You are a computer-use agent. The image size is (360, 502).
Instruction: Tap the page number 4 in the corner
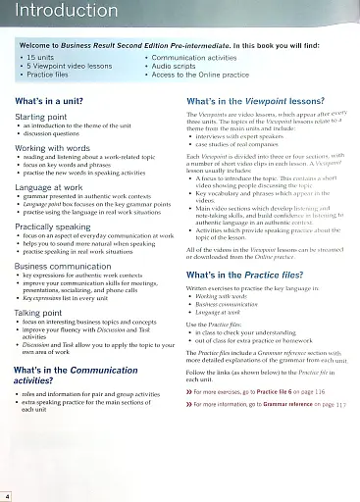click(7, 496)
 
